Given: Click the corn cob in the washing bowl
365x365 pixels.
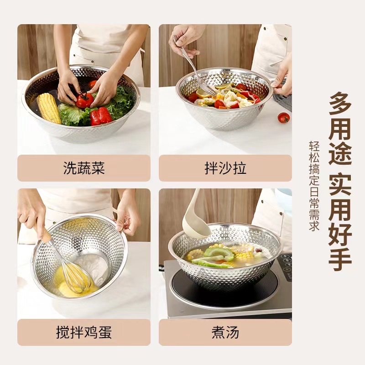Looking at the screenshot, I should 49,108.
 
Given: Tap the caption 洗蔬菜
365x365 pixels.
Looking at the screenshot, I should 84,168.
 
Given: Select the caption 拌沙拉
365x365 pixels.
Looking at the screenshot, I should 225,168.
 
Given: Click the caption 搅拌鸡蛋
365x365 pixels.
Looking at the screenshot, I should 84,332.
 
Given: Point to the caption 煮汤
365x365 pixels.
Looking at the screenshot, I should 225,332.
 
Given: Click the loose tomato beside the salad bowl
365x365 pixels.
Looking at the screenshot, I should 284,118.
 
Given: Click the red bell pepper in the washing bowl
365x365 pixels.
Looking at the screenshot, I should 100,116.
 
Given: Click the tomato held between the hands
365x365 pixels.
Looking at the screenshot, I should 84,100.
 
